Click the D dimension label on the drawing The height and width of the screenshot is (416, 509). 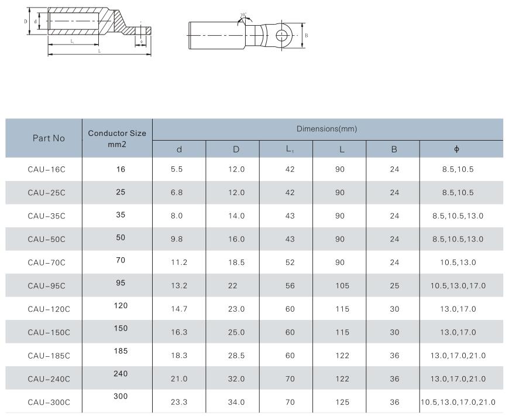tap(26, 22)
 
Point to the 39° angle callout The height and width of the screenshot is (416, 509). tap(243, 15)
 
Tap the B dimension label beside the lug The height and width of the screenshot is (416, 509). tap(307, 35)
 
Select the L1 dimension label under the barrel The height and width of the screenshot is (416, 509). tap(73, 41)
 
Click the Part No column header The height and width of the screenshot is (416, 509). tap(49, 138)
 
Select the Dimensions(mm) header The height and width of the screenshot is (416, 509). tap(327, 129)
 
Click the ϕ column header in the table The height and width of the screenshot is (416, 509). tap(456, 149)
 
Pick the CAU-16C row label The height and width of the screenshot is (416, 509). tap(46, 169)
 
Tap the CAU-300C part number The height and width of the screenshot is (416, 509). tap(49, 403)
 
